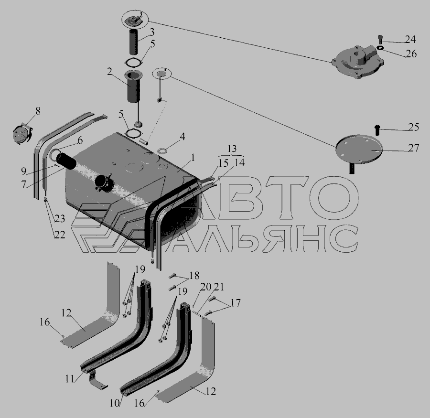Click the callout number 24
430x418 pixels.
tap(410, 40)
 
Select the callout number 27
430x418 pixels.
tap(414, 148)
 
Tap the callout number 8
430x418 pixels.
tap(38, 111)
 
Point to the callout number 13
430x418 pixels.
tap(232, 149)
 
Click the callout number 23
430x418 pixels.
tap(60, 218)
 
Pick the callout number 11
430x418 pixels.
tap(70, 378)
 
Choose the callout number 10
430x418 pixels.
tap(115, 403)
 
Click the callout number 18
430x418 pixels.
tap(194, 275)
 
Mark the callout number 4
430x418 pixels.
tap(182, 136)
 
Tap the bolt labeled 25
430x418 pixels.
tap(377, 130)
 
